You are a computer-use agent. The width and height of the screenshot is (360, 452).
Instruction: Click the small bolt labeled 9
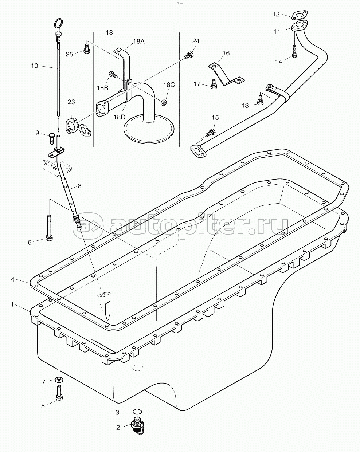(x=52, y=138)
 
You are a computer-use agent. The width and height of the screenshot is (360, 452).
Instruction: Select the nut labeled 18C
(x=164, y=102)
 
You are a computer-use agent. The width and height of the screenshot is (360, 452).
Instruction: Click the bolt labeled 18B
(x=113, y=74)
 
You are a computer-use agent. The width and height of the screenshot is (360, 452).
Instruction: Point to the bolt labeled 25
(x=87, y=49)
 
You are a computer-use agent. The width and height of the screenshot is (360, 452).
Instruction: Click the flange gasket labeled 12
(x=300, y=15)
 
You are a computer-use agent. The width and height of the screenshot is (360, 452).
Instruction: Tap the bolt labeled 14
(x=295, y=51)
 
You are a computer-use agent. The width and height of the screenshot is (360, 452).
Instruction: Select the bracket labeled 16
(x=227, y=74)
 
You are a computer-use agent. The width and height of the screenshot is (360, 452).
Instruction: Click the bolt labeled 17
(x=214, y=84)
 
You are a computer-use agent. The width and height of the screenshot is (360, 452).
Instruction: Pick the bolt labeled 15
(x=211, y=133)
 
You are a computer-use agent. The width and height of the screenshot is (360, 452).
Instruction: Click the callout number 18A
(x=139, y=42)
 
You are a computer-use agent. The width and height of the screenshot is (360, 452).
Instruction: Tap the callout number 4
(x=13, y=280)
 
